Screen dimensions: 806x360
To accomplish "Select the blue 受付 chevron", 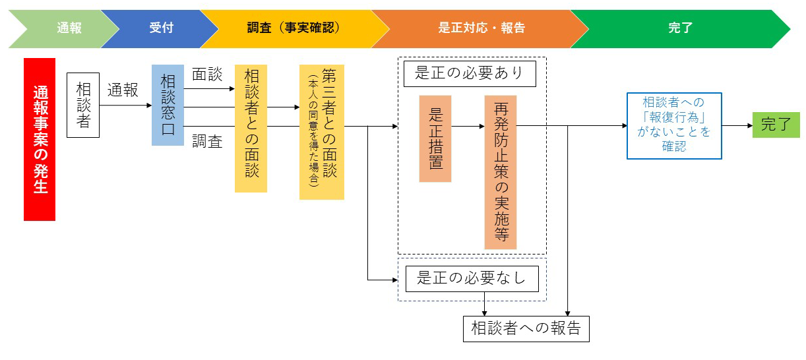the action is pos(161,29).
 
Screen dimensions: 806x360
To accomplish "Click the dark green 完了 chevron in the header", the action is pos(680,29).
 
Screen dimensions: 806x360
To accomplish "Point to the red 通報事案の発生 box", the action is pos(40,139).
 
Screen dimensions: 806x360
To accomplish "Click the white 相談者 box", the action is pos(83,105).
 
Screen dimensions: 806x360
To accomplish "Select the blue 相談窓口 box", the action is pos(168,105).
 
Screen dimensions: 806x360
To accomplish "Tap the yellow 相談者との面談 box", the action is pos(251,129).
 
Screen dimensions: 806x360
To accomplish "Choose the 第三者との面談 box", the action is pos(322,132).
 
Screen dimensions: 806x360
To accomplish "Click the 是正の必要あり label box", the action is pos(470,74).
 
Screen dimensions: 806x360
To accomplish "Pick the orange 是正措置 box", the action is pos(435,138).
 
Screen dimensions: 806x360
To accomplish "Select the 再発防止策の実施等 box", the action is pos(501,172).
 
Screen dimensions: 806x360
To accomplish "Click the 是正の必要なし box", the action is pos(472,279).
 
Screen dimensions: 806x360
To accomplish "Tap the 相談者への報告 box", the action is pos(526,329).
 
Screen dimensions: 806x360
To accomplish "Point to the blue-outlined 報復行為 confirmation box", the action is pos(674,126).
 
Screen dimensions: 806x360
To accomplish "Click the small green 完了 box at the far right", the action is pos(776,125).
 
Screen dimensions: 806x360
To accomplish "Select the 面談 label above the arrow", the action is pos(207,75).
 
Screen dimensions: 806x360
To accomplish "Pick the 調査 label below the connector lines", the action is pos(207,141).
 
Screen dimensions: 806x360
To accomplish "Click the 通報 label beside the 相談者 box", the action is pos(123,90).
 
